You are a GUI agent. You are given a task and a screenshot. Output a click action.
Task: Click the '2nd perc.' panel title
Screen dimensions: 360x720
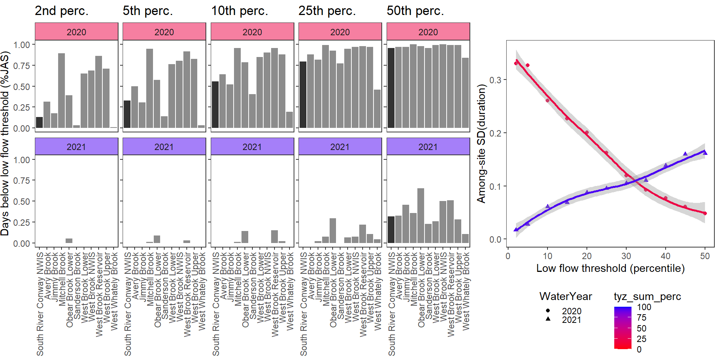pos(61,11)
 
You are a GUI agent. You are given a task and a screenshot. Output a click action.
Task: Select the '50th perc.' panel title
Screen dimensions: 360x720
pos(415,11)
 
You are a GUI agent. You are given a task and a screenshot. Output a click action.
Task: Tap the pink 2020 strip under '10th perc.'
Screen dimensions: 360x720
pos(252,32)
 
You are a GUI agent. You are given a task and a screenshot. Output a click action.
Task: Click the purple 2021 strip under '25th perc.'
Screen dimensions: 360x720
pos(340,147)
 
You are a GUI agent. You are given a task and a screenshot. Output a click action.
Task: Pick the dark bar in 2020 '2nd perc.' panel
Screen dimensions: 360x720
pos(39,123)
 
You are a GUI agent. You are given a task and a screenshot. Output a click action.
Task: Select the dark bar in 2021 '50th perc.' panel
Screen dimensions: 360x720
pos(391,230)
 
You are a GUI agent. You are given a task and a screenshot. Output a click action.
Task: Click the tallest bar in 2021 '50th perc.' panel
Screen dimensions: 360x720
pos(420,216)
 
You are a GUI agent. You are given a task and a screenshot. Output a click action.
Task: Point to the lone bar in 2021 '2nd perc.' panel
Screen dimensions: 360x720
pos(69,241)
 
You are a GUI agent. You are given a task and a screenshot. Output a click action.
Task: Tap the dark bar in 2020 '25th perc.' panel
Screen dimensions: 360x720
pos(303,95)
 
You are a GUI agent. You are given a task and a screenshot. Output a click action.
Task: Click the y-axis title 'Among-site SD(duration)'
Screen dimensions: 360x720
pos(481,144)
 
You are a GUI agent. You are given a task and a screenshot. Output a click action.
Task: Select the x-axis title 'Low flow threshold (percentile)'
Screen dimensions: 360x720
pos(610,268)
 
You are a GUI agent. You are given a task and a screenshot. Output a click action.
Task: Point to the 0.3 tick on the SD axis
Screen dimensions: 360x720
pos(495,80)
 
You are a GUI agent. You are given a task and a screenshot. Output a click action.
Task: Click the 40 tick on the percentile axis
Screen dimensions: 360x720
pos(666,256)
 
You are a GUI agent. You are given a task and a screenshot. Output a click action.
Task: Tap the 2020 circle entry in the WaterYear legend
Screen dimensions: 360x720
pos(548,311)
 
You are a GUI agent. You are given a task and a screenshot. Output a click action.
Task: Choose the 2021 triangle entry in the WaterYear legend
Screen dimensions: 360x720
pos(548,319)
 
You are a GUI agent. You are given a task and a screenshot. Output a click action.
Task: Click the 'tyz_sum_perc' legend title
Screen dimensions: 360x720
pos(647,297)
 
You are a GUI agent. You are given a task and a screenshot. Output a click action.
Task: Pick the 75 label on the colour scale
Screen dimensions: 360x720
pos(642,318)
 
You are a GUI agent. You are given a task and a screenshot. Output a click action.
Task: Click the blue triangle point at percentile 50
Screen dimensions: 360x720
pos(705,153)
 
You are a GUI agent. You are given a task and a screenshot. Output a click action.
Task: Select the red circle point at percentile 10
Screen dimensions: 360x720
pos(547,100)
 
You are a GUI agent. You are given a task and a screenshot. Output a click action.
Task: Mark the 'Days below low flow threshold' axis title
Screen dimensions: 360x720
pos(5,144)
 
